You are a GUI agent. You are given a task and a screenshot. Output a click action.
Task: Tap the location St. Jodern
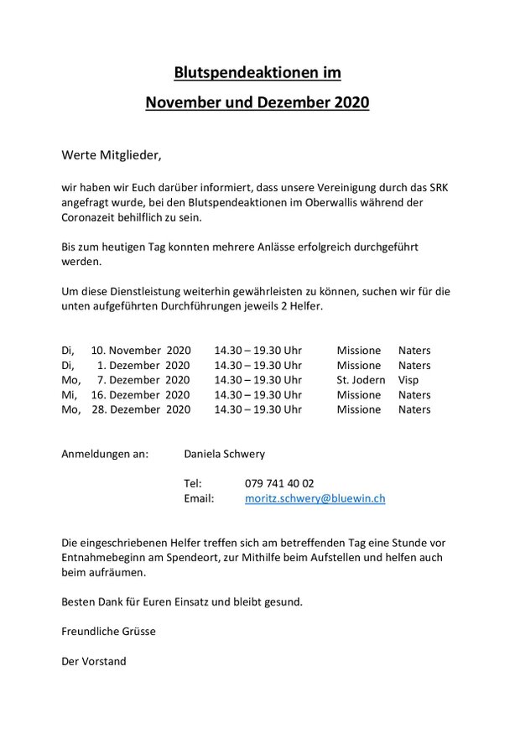click(x=361, y=380)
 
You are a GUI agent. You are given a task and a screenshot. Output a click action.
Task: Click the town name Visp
click(x=408, y=380)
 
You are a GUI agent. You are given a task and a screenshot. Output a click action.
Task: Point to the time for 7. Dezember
click(x=257, y=380)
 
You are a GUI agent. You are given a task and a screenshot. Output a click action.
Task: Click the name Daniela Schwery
click(x=224, y=455)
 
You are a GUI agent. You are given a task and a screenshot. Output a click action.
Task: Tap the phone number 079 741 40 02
click(x=279, y=484)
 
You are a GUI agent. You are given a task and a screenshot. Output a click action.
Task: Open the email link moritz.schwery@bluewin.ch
click(x=315, y=498)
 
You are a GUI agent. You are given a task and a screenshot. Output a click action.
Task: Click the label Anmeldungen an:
click(x=105, y=455)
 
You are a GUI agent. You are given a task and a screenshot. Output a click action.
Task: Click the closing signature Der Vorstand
click(x=94, y=661)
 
